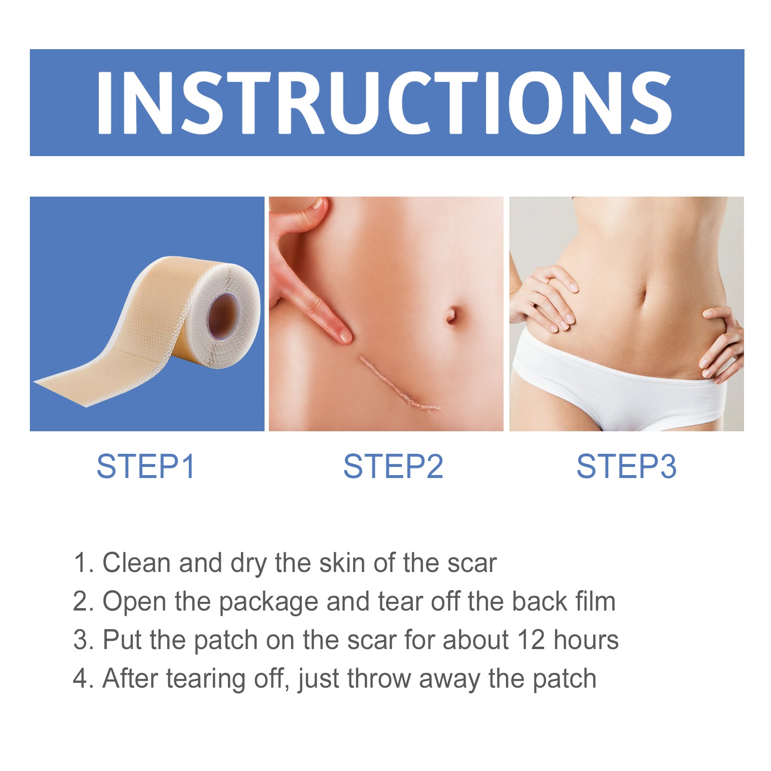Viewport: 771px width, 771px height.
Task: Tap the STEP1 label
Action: coord(146,466)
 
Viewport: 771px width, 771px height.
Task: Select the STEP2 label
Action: coord(393,466)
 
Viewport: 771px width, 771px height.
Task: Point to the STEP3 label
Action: coord(626,466)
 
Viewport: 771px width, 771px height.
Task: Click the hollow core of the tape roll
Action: coord(223,316)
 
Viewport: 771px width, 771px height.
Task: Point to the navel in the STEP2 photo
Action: coord(452,315)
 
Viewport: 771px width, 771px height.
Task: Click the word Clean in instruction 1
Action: coord(136,563)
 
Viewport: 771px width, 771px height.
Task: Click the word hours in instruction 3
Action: coord(585,640)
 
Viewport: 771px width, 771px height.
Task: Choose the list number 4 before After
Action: coord(79,678)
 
